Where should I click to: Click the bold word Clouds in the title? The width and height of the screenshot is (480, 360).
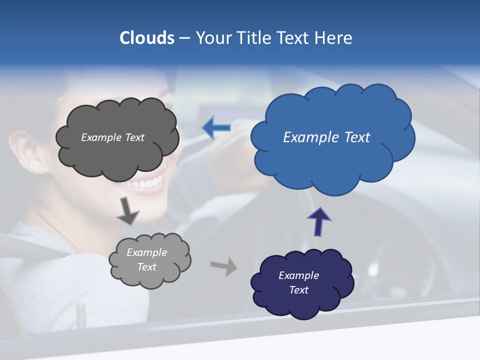point(147,37)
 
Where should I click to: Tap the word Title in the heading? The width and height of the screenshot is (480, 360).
point(254,37)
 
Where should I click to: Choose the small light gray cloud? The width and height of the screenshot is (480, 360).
point(150,275)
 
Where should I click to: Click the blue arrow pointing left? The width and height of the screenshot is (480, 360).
point(216,128)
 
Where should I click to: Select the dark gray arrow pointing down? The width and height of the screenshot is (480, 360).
point(127,210)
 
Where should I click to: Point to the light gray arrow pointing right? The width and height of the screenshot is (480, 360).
point(223,266)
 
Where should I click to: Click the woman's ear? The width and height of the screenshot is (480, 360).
point(27,150)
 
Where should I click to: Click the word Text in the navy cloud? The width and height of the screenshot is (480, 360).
point(299,290)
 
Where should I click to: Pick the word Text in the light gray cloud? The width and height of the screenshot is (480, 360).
point(147,267)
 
